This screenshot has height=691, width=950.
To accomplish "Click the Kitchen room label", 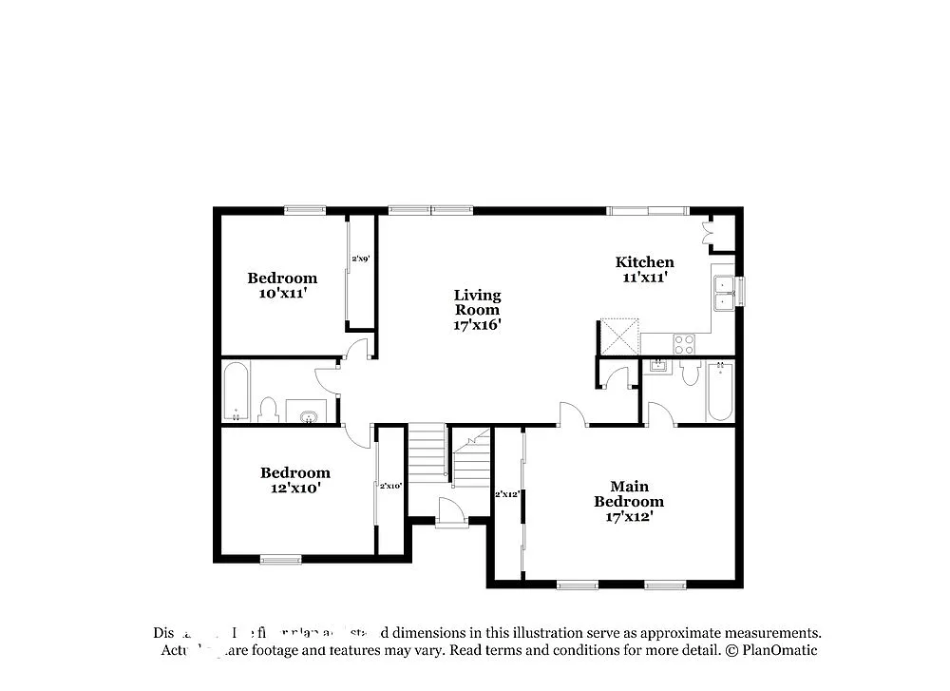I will tap(644, 262).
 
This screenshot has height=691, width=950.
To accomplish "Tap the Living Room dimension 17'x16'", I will tap(477, 324).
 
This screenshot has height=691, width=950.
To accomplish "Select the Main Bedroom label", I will tap(629, 493).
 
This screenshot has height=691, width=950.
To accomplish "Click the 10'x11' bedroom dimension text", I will tap(282, 294).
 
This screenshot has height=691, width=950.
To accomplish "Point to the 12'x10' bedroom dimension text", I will tap(295, 488).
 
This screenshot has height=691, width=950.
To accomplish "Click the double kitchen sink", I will tap(723, 292).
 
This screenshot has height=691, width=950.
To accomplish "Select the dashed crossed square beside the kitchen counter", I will tap(617, 336).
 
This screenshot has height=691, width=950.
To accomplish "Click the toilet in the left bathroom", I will tap(267, 409).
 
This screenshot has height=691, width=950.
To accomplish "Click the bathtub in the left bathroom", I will tap(236, 390).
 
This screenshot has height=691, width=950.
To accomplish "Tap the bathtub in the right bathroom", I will tap(719, 391).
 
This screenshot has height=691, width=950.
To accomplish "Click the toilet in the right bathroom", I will tap(690, 374).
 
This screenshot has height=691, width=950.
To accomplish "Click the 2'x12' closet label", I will tap(506, 493).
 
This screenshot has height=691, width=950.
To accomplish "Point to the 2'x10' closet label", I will tap(390, 486).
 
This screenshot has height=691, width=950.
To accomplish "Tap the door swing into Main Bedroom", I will tap(574, 414).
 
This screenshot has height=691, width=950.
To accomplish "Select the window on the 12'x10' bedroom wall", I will tap(280, 560).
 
